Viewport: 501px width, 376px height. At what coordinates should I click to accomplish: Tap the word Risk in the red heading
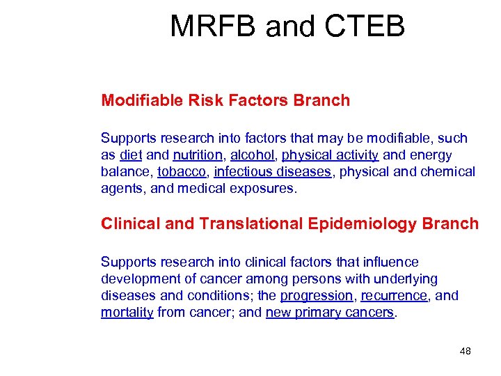tap(207, 100)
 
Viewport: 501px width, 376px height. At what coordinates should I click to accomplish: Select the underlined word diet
tap(131, 155)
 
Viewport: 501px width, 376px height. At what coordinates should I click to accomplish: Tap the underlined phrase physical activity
tap(330, 155)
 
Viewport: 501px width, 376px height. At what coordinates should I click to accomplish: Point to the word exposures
tap(265, 189)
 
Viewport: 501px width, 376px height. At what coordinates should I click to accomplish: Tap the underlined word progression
tap(317, 296)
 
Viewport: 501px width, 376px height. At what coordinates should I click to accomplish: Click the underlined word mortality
tap(127, 313)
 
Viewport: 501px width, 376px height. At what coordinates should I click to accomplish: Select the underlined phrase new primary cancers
tap(330, 313)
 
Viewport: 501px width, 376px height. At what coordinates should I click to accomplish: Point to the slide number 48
tap(466, 351)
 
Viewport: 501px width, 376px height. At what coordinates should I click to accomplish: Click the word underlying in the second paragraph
tap(404, 279)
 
